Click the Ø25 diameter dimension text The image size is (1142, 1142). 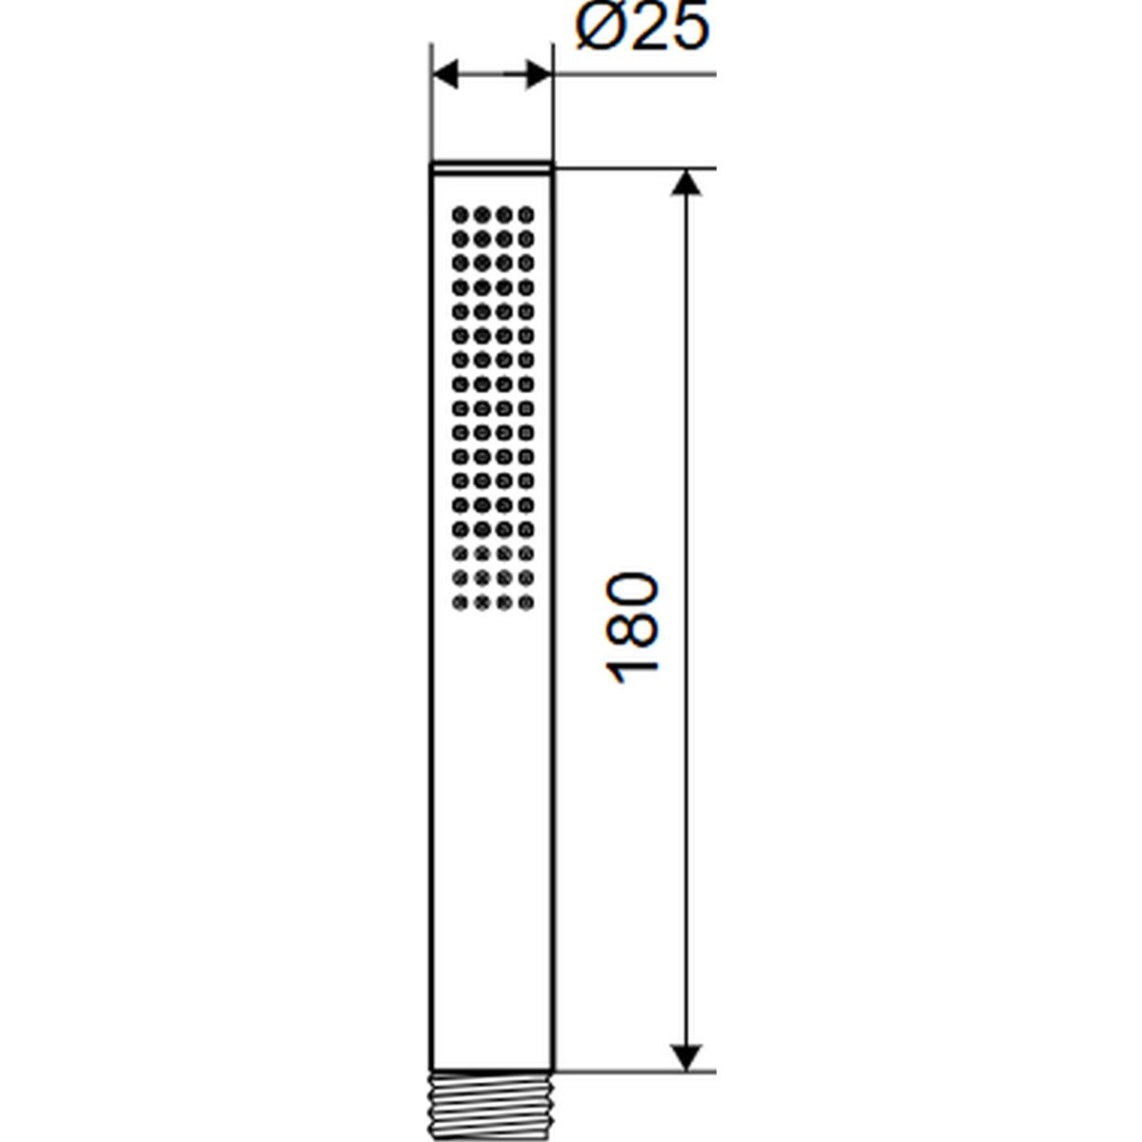point(642,28)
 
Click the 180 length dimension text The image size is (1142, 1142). point(632,629)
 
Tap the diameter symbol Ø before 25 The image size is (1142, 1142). point(600,28)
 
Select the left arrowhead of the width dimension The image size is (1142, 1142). point(445,74)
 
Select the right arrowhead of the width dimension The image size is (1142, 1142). point(538,74)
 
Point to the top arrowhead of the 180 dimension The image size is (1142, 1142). point(686,183)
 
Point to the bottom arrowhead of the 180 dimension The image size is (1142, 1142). point(686,1057)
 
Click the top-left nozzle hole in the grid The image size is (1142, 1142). point(461,214)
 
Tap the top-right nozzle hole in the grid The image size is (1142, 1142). point(526,214)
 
